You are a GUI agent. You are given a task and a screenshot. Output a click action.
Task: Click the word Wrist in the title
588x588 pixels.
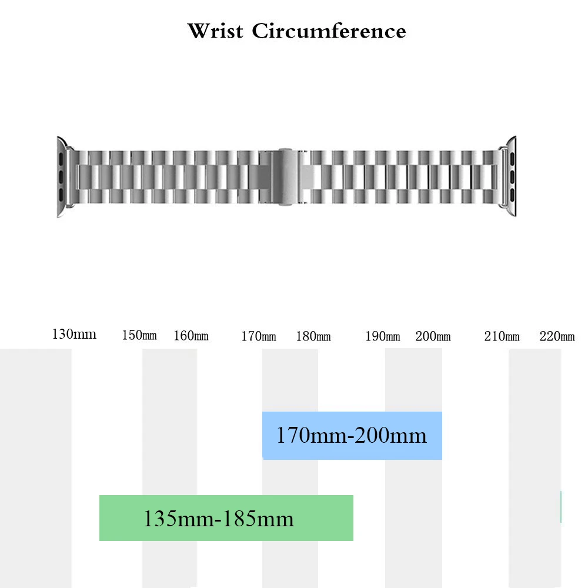[215, 31]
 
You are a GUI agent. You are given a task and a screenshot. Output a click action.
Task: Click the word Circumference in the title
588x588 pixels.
[329, 31]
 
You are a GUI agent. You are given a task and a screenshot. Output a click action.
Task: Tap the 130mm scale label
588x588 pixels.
[74, 335]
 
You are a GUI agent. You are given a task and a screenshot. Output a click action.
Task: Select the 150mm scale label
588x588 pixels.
[139, 336]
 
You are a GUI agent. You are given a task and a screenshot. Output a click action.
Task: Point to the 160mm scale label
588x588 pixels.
[191, 336]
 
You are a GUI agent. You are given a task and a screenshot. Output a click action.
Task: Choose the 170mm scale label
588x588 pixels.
[259, 337]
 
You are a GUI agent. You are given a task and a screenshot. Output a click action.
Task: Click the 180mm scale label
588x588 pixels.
[313, 337]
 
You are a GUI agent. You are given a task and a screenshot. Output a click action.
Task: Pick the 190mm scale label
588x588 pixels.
[383, 337]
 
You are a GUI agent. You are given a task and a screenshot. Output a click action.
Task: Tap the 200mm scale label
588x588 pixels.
[433, 337]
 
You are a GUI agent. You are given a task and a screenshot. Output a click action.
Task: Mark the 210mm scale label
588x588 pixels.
[502, 337]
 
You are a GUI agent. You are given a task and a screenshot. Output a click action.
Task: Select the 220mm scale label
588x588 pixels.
[557, 337]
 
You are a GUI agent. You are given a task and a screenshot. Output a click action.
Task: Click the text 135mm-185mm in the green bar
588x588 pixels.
[219, 519]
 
